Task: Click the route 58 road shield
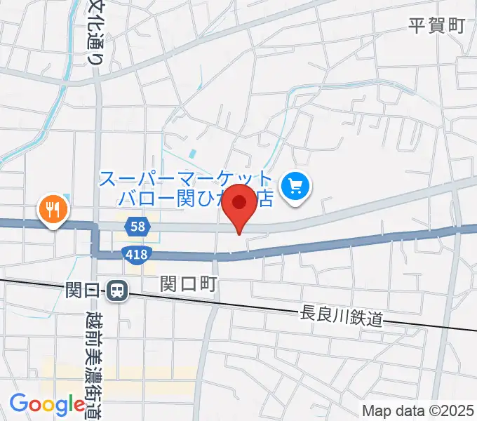138,226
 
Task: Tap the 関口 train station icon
117,289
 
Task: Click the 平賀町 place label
436,27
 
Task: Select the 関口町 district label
189,283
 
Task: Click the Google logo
47,404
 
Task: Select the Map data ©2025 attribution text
418,410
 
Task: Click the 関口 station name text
84,289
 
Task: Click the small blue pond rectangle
192,154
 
